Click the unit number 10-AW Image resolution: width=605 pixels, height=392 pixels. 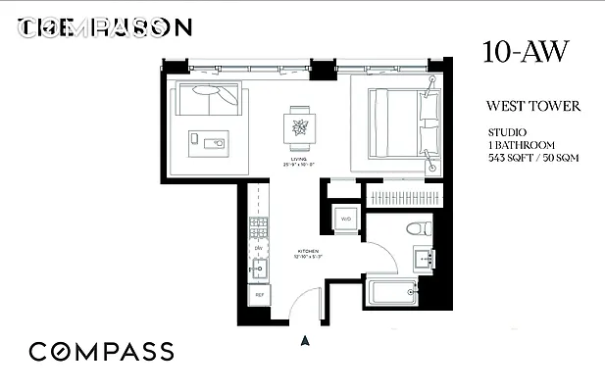click(525, 54)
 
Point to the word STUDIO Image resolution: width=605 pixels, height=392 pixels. click(508, 131)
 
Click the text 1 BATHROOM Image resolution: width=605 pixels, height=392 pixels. click(522, 144)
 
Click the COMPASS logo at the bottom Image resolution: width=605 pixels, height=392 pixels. click(101, 352)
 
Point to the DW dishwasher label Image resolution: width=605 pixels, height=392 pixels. click(260, 249)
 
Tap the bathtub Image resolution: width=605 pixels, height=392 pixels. click(393, 292)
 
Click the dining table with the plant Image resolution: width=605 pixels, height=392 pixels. click(299, 125)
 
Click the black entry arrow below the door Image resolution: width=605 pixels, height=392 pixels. click(305, 341)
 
